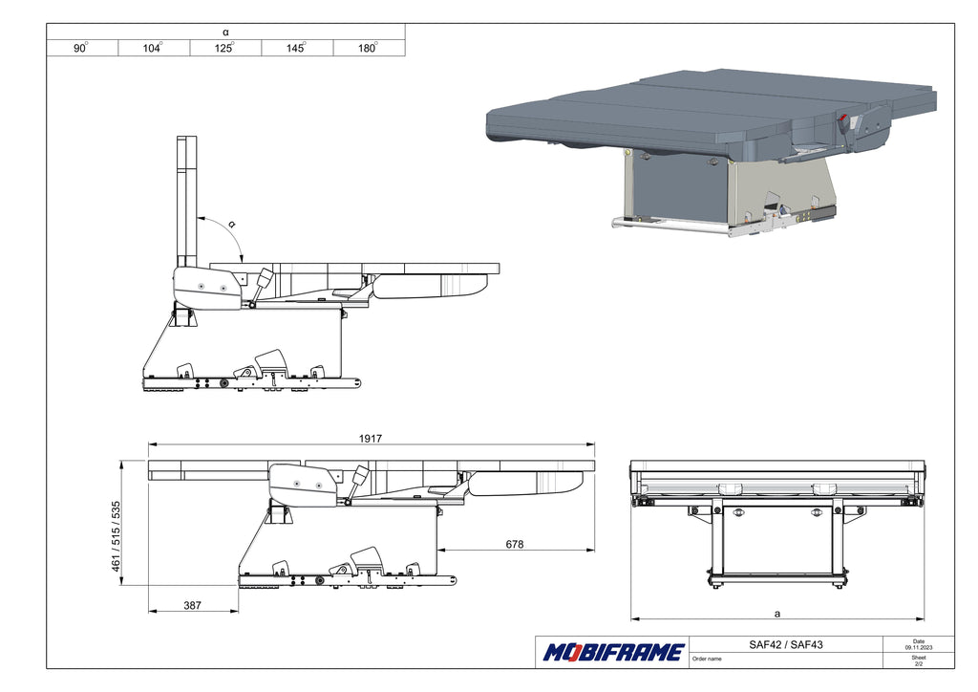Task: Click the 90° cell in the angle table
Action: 82,48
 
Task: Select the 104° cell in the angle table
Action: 153,48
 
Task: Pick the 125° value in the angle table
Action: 225,48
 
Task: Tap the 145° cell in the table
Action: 296,48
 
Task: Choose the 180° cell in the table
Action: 368,48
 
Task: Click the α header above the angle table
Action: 225,32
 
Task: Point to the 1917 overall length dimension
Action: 371,438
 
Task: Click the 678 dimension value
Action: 514,544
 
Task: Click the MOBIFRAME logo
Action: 614,653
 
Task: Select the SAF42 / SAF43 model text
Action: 786,644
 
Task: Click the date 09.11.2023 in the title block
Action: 919,648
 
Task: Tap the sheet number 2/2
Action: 919,664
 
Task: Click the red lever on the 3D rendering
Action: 843,120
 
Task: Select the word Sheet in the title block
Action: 919,658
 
